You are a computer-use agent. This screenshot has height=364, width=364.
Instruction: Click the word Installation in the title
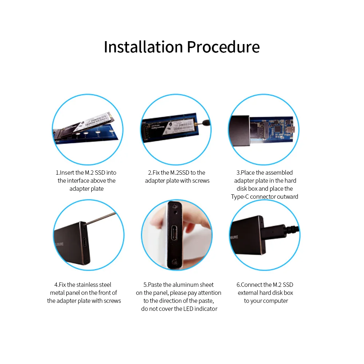143,47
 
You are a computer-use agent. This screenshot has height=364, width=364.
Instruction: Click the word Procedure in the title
223,47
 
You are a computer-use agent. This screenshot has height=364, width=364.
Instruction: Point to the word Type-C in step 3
240,197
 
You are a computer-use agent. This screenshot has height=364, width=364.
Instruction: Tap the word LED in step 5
188,309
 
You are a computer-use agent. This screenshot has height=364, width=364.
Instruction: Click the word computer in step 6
276,301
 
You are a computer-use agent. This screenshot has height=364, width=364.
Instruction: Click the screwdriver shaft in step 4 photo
101,218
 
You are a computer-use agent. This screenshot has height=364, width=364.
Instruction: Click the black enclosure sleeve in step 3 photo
240,130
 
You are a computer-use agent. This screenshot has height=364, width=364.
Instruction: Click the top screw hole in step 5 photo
175,206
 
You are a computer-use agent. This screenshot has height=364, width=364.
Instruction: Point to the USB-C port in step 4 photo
85,243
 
